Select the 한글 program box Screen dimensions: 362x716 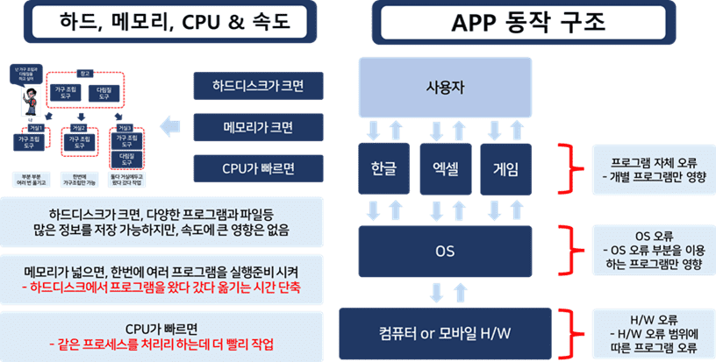tap(384, 171)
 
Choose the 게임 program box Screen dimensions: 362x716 tap(505, 171)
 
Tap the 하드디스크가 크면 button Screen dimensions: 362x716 tap(258, 87)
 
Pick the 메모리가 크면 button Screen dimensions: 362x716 tap(258, 127)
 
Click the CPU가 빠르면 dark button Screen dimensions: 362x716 tap(258, 167)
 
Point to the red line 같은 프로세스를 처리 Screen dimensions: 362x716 tap(161, 343)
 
